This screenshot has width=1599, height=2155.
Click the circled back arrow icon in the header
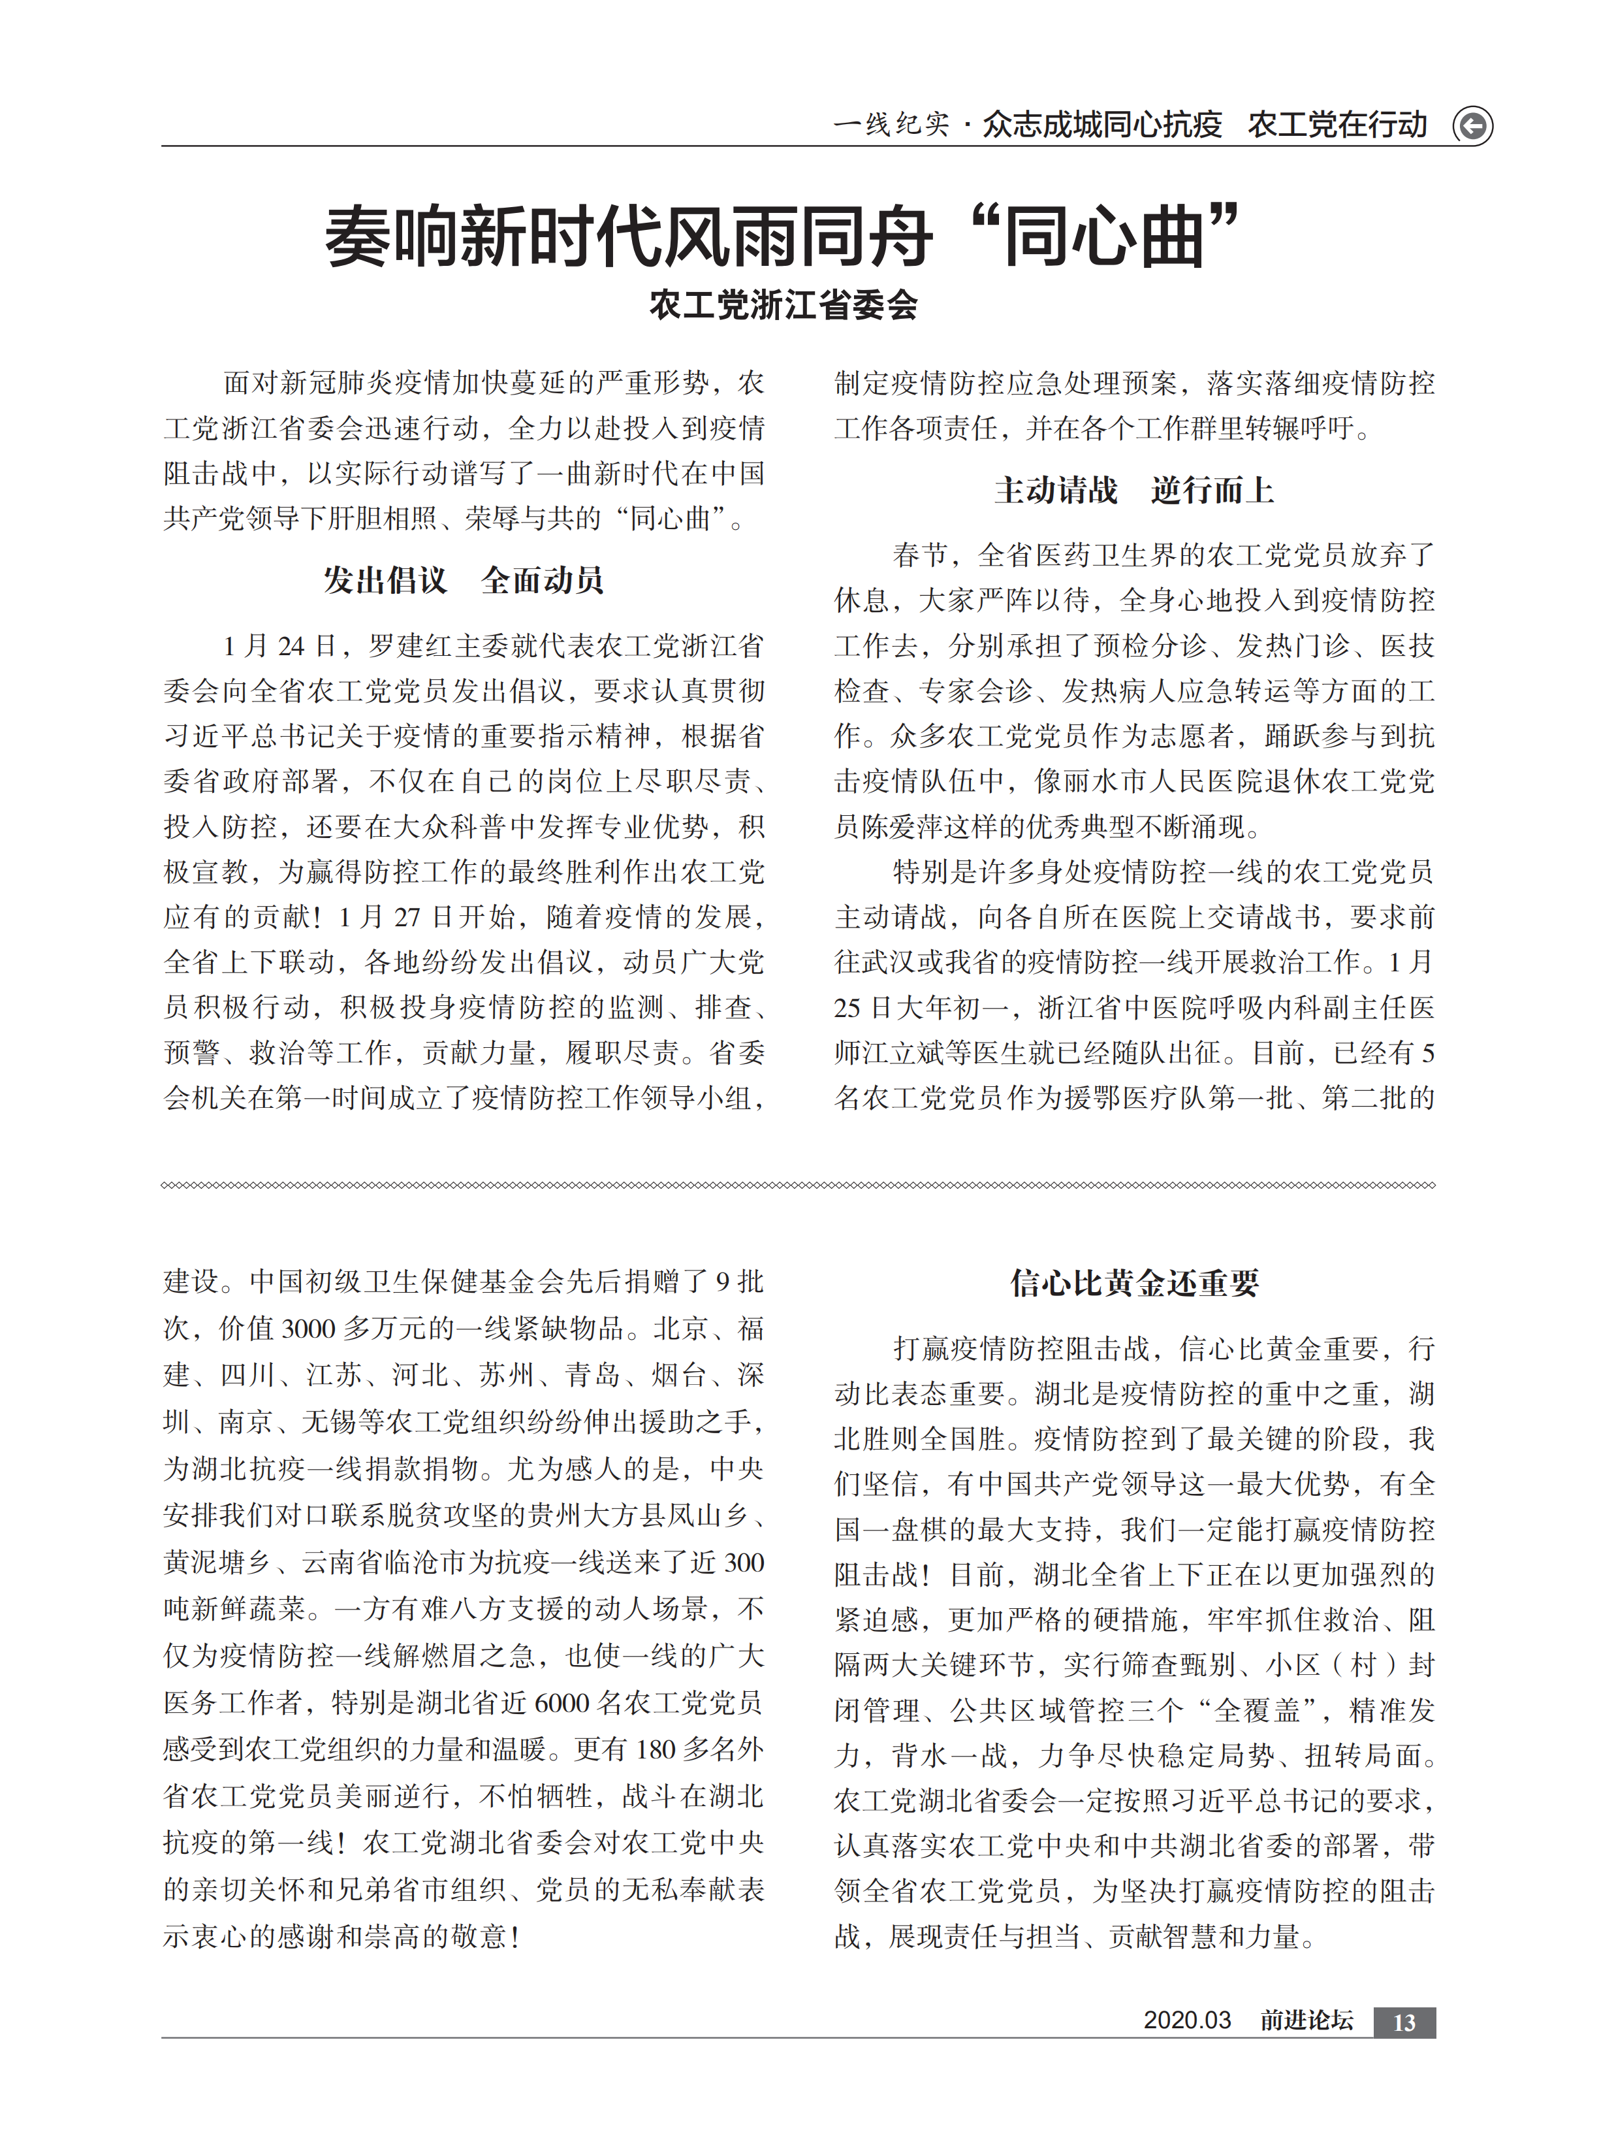pyautogui.click(x=1472, y=126)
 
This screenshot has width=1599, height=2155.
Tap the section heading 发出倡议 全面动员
pyautogui.click(x=464, y=580)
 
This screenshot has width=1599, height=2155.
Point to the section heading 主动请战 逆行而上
pyautogui.click(x=1133, y=490)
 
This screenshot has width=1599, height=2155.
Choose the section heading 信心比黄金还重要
pyautogui.click(x=1133, y=1283)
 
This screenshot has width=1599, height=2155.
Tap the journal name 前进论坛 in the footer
pyautogui.click(x=1306, y=2020)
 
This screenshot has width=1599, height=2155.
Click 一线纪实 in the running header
pyautogui.click(x=891, y=125)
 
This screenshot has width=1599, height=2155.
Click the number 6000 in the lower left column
pyautogui.click(x=562, y=1703)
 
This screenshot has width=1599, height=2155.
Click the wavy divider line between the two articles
pyautogui.click(x=798, y=1185)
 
